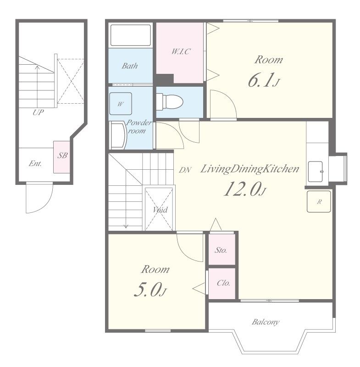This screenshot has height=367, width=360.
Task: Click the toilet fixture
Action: click(169, 102)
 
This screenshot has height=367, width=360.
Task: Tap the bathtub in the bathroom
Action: click(131, 35)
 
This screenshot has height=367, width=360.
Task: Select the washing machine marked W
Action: click(121, 104)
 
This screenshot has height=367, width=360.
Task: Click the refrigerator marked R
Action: click(319, 201)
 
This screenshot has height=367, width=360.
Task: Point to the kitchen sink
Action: click(316, 172)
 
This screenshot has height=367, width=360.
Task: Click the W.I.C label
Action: click(181, 51)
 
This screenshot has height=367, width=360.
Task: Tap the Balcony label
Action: click(266, 322)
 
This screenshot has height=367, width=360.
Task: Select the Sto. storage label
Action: click(221, 250)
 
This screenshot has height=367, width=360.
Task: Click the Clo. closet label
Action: click(223, 283)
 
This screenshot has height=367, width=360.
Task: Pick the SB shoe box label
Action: click(62, 155)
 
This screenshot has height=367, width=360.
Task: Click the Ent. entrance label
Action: click(35, 163)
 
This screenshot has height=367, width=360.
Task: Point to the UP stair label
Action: click(38, 112)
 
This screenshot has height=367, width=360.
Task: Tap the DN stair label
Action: click(185, 170)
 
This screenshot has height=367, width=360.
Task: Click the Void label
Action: click(160, 210)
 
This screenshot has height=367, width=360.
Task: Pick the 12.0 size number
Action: click(242, 189)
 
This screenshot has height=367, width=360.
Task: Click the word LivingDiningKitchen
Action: click(249, 169)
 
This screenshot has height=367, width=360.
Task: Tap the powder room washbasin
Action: click(118, 135)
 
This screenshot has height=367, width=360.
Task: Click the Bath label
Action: click(130, 66)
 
